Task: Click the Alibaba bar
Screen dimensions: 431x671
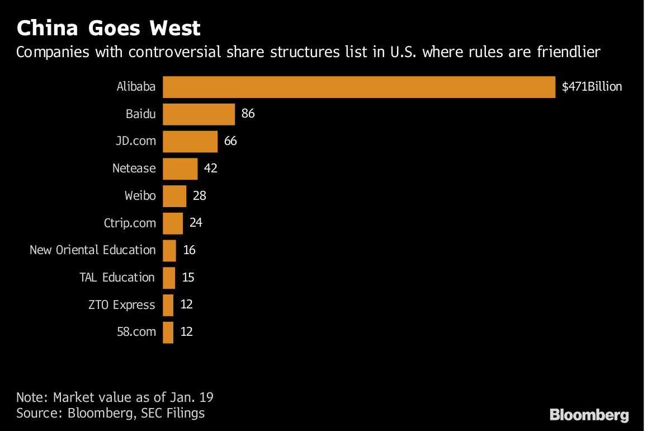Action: pos(358,87)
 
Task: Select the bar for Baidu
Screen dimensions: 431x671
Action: pos(199,114)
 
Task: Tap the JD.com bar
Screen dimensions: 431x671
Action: pos(190,142)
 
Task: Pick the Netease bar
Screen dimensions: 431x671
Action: pos(180,168)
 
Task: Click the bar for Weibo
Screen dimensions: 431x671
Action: pos(174,196)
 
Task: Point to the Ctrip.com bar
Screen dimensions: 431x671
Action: pos(173,223)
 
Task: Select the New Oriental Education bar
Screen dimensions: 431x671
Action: pos(169,250)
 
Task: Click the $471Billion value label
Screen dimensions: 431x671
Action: pos(592,87)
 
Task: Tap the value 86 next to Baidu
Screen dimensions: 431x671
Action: pos(248,114)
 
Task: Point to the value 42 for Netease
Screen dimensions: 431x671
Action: pos(210,168)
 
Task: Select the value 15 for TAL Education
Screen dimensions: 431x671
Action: pos(188,278)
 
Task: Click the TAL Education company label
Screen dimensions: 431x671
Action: pos(117,278)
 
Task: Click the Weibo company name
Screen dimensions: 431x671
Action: pos(140,196)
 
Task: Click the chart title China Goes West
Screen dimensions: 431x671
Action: pos(108,28)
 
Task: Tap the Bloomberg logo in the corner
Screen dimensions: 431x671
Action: pos(589,415)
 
